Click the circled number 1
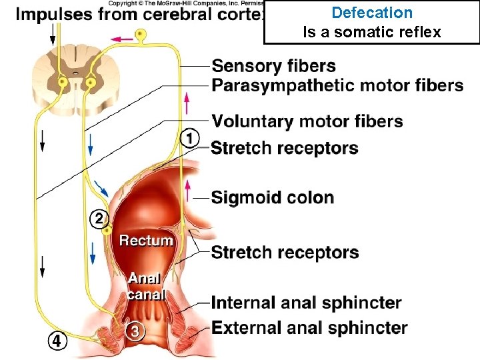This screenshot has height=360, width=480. [190, 138]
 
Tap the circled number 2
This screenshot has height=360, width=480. [98, 219]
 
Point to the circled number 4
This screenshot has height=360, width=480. [58, 341]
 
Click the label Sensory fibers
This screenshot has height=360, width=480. [273, 66]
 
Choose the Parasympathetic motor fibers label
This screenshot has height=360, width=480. [337, 85]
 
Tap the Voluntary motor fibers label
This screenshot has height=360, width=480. [307, 121]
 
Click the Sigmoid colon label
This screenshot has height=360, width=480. [272, 197]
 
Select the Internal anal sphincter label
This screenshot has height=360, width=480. [306, 303]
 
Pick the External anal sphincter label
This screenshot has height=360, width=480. [309, 328]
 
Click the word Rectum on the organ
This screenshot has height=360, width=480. [146, 240]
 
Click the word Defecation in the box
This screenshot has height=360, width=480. [372, 13]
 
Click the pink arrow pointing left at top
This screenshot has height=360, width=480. [122, 39]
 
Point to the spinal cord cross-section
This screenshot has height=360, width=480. [75, 75]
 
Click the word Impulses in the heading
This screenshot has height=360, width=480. [54, 14]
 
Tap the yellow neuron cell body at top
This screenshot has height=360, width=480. [140, 34]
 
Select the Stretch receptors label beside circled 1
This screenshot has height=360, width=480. [285, 148]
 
